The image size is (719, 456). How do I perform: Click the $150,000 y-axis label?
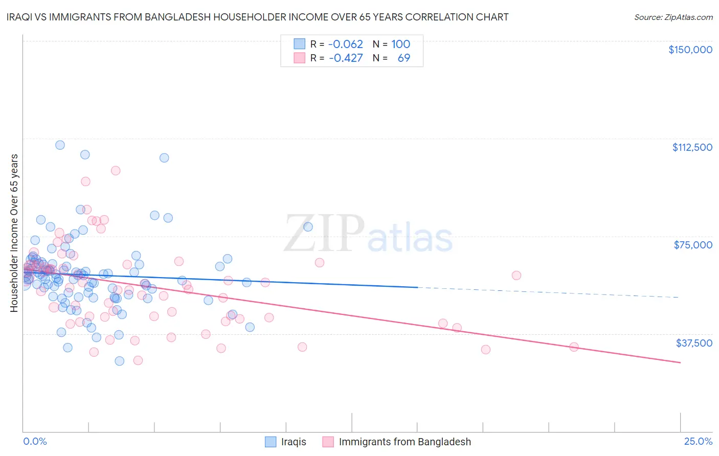tap(690, 50)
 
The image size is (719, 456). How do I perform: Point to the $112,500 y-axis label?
tap(692, 147)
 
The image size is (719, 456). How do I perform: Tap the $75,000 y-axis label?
tap(693, 245)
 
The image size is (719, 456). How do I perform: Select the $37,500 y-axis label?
tap(694, 343)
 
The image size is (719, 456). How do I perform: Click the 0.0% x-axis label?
tap(35, 441)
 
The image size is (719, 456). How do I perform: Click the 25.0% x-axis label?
tap(698, 441)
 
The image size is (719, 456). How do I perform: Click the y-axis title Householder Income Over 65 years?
tap(14, 233)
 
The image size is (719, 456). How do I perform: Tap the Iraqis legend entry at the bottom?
tap(293, 442)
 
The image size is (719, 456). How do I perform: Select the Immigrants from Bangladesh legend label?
tap(405, 442)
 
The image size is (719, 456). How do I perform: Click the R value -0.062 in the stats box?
tap(346, 44)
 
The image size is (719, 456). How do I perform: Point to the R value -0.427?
tap(346, 58)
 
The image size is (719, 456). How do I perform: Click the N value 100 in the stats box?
tap(401, 44)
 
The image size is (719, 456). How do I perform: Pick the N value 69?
tap(403, 58)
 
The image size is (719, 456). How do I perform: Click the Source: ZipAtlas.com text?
tap(673, 17)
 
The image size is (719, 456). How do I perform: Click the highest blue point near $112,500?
tap(60, 145)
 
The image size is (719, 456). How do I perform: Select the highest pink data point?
tap(116, 171)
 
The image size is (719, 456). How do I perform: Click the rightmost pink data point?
tap(574, 347)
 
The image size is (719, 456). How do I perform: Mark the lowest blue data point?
tap(119, 361)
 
